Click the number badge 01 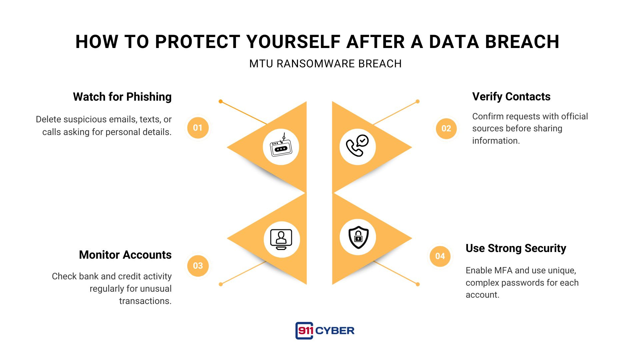(198, 128)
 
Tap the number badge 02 (446, 128)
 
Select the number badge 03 (198, 266)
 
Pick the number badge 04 (440, 256)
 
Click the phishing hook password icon (281, 147)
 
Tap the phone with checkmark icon (357, 147)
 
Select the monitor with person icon (281, 239)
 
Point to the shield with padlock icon (358, 237)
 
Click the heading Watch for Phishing (122, 97)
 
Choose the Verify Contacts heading (511, 97)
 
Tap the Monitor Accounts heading (125, 255)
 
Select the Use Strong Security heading (516, 248)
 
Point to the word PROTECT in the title (198, 42)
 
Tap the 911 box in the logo (304, 331)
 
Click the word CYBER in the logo (335, 331)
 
